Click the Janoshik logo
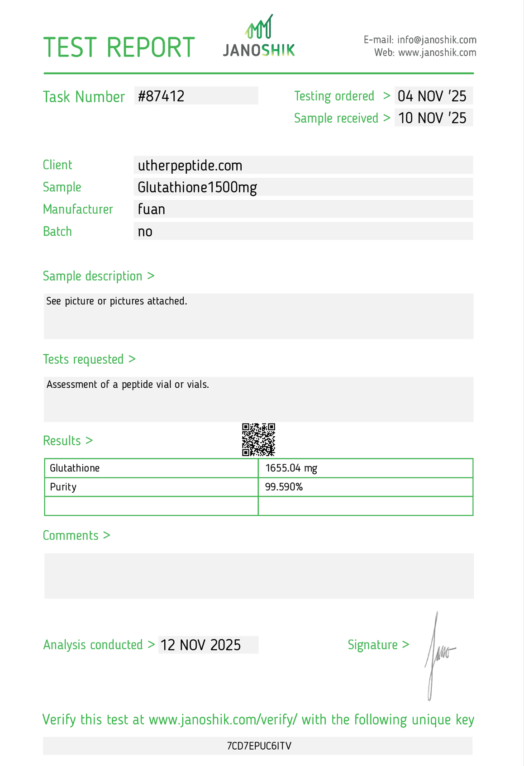(x=259, y=36)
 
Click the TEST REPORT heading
(x=119, y=48)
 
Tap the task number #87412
(x=161, y=96)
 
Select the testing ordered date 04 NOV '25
(x=432, y=96)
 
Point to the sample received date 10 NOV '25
(x=432, y=118)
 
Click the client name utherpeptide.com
(x=190, y=166)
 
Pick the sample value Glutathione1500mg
(x=197, y=187)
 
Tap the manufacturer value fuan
(x=152, y=209)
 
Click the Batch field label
(x=57, y=232)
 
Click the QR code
(x=258, y=440)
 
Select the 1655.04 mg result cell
(x=291, y=468)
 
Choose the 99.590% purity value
(x=284, y=487)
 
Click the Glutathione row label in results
(x=75, y=468)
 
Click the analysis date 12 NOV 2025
(x=201, y=645)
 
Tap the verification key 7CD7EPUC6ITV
(x=259, y=746)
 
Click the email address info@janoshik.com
(x=437, y=40)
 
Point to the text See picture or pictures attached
(x=117, y=301)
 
